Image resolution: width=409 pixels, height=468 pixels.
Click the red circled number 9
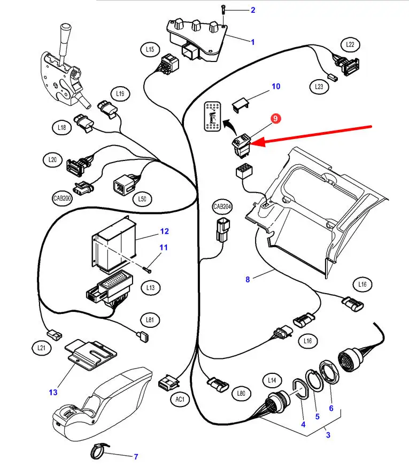[275, 120]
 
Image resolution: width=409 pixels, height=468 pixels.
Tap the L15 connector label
[150, 50]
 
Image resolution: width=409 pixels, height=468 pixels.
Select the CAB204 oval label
[222, 207]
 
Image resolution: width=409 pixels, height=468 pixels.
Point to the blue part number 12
[164, 231]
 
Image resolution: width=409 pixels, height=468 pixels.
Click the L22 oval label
[350, 44]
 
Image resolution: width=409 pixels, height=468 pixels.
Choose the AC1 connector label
[180, 399]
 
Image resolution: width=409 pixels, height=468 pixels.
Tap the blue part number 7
[136, 457]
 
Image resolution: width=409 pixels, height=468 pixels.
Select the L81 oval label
[150, 320]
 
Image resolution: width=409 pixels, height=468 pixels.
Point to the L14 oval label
[272, 381]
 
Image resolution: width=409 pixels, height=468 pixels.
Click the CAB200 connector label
[62, 198]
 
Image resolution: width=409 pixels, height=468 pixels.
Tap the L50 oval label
[142, 199]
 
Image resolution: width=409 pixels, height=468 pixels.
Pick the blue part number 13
[53, 392]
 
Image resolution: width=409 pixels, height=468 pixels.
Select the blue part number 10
[276, 86]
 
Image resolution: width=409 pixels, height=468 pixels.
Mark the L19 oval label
[120, 94]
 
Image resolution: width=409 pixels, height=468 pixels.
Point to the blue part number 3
[328, 435]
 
